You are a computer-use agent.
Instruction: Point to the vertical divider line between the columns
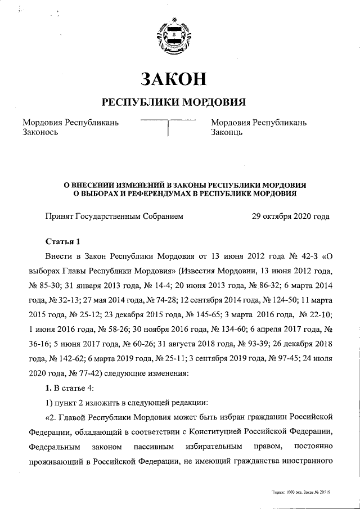click(169, 129)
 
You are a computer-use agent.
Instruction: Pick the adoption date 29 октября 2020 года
click(291, 215)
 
